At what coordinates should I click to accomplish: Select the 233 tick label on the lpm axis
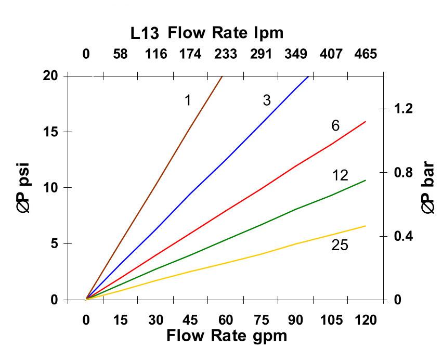(x=225, y=54)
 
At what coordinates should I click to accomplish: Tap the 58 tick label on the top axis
(x=120, y=54)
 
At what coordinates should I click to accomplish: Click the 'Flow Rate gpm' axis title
(x=227, y=336)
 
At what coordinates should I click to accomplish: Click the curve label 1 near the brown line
(x=188, y=100)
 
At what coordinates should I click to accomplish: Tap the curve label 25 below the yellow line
(x=340, y=245)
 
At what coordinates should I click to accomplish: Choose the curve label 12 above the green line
(x=340, y=175)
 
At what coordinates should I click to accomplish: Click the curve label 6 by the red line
(x=335, y=126)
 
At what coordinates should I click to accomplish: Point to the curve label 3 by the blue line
(x=267, y=100)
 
